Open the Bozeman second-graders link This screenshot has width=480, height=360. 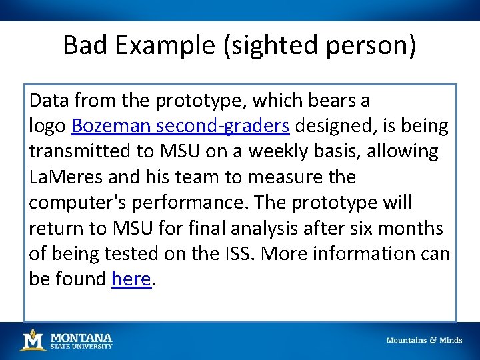pos(180,126)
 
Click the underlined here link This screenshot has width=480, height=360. pos(131,279)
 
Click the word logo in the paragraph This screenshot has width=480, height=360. pos(47,126)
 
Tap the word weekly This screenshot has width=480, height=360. pos(284,151)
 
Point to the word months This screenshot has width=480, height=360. pos(413,228)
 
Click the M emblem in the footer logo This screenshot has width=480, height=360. pos(32,340)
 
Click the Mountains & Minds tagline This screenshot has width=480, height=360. pos(424,340)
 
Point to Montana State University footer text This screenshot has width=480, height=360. pos(81,341)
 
